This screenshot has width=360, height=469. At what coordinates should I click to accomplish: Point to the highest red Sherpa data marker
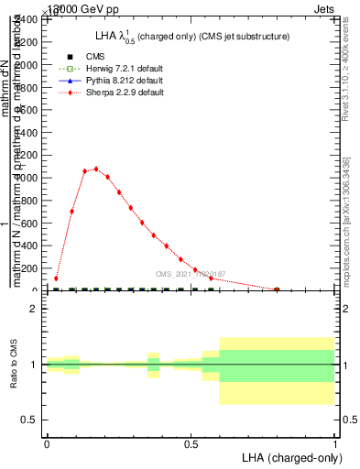(x=96, y=169)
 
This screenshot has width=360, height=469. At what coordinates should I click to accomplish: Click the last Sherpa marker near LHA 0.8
(x=277, y=289)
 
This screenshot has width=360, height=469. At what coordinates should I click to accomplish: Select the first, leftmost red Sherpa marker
(x=56, y=278)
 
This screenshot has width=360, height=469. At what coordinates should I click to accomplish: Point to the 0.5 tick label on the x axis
(x=190, y=442)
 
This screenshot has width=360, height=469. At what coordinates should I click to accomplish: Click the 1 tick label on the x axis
(x=334, y=442)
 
